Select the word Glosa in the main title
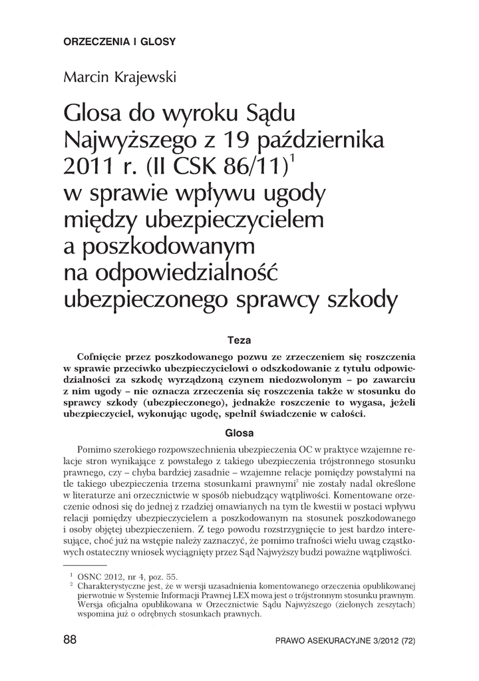(89, 112)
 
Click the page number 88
(70, 640)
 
